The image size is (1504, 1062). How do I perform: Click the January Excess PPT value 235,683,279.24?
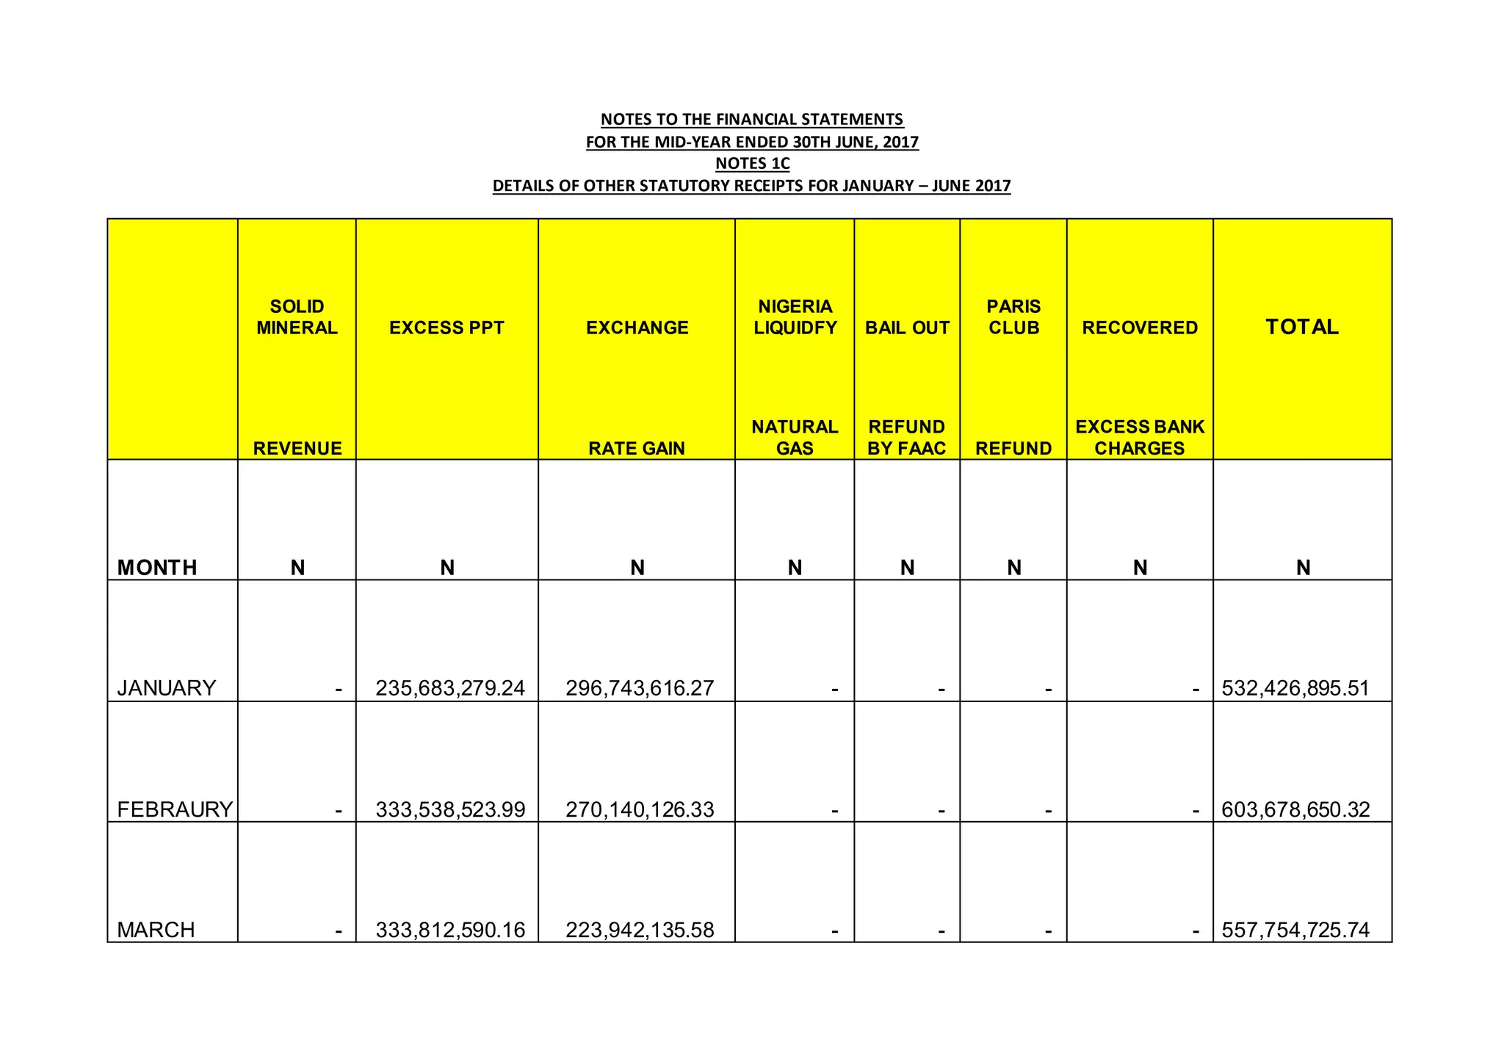(450, 688)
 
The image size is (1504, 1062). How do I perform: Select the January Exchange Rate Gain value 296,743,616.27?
(640, 688)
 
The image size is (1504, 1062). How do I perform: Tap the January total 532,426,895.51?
(1295, 688)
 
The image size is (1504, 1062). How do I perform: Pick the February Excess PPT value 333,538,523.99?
(450, 809)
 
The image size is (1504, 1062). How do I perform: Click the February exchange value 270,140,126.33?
(640, 809)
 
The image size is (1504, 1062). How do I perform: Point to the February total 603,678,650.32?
(1295, 809)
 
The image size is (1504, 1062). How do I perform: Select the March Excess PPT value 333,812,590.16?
(450, 930)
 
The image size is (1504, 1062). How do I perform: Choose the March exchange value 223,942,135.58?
(640, 930)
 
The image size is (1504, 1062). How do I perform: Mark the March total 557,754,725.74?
(1295, 930)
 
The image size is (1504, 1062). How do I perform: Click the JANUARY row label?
(167, 688)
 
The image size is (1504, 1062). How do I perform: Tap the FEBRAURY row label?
(175, 809)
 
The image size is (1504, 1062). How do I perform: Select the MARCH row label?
(156, 930)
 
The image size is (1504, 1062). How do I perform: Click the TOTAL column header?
(1302, 327)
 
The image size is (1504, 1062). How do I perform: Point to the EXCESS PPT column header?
(446, 328)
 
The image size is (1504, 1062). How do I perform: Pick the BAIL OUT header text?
(907, 328)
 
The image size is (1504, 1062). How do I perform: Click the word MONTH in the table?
(157, 567)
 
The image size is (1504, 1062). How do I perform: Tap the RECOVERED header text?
(1140, 328)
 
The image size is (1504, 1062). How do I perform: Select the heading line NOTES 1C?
(752, 163)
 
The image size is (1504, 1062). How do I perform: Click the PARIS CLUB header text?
(1013, 317)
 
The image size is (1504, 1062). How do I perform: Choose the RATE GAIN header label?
(637, 448)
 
